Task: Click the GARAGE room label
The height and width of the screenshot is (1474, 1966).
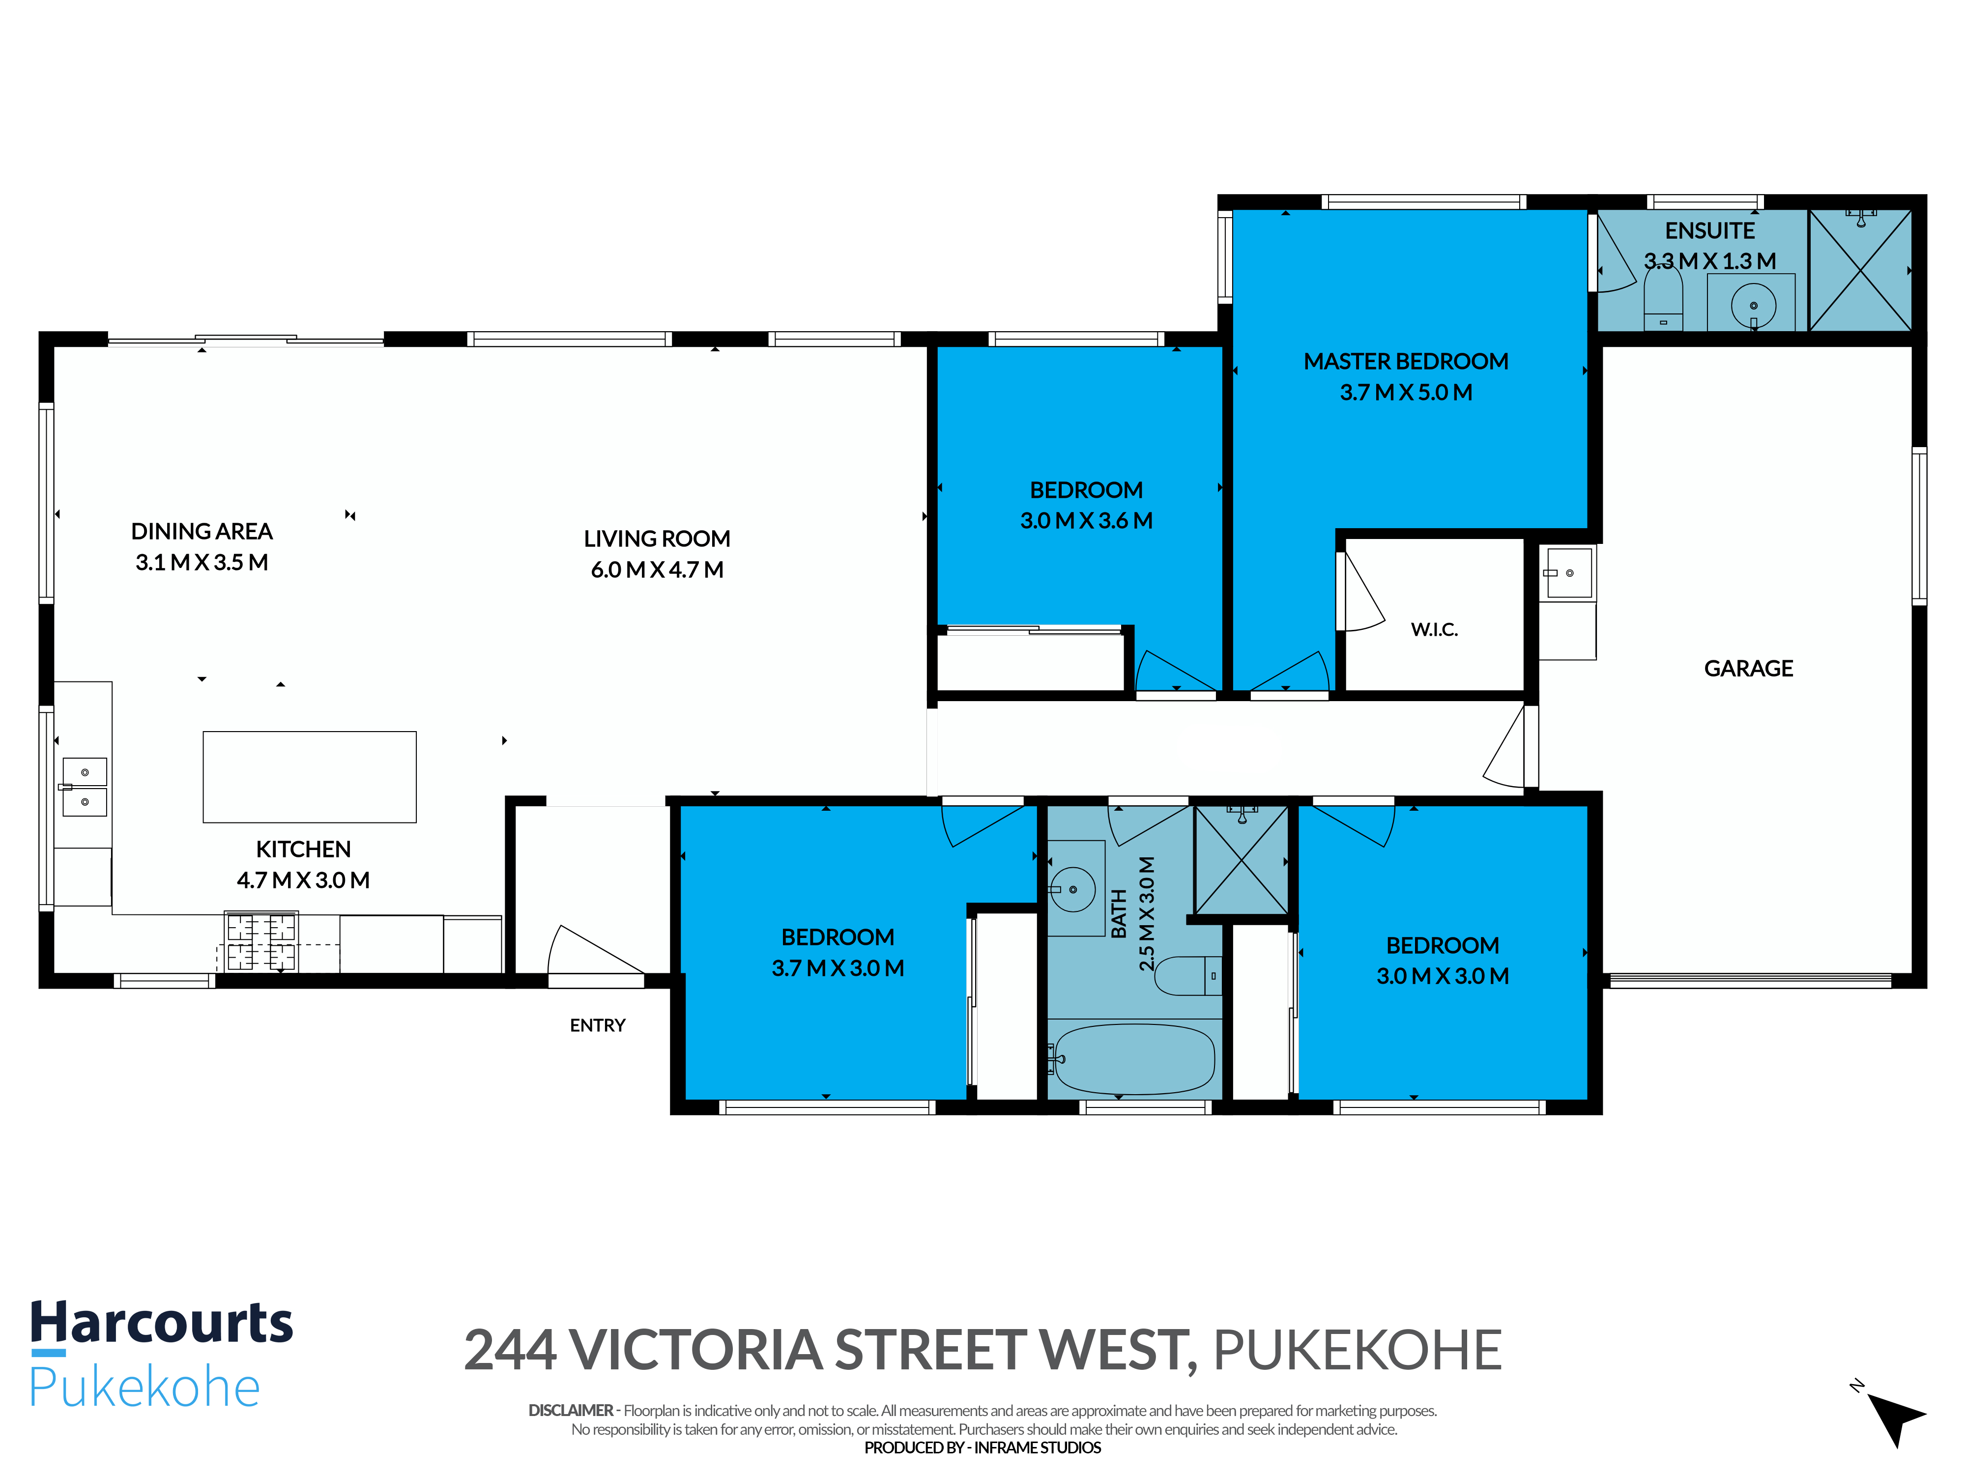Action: (1748, 668)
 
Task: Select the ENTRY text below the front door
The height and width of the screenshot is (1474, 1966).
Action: (597, 1025)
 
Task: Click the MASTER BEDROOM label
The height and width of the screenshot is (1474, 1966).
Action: (1406, 362)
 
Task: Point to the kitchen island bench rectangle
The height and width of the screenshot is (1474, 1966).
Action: (309, 776)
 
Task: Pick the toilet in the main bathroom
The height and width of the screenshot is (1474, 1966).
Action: (1187, 976)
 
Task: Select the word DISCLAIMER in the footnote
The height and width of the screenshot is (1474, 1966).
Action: (571, 1410)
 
